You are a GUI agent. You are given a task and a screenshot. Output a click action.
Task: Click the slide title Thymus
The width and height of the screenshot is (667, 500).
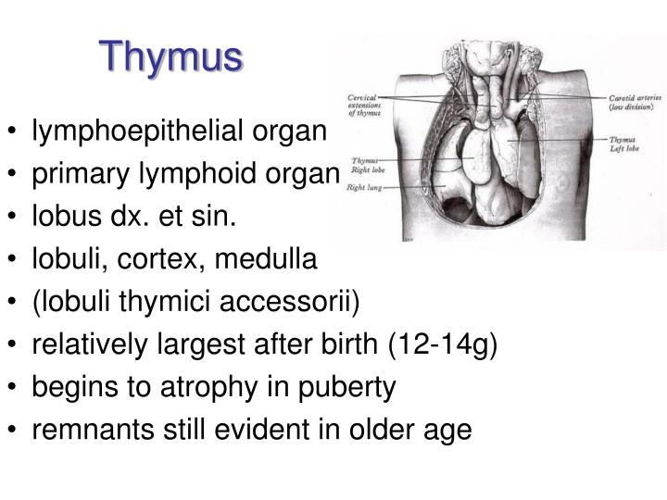click(x=173, y=57)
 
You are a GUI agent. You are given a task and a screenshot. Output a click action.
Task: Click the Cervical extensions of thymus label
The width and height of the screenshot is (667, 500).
click(x=363, y=105)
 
